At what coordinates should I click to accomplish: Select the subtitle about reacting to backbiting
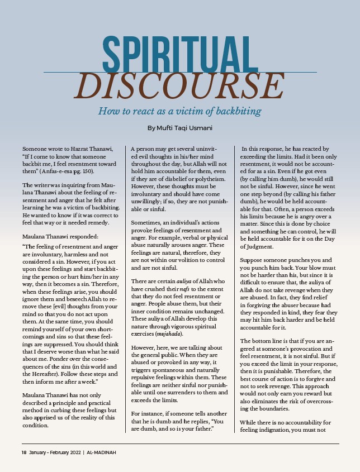coord(180,111)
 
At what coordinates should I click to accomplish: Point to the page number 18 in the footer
coord(25,451)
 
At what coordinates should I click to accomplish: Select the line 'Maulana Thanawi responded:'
coord(60,236)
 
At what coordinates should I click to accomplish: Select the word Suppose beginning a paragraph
coord(254,260)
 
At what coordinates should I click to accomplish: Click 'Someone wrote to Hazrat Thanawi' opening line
coord(68,148)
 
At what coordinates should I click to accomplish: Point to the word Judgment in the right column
coord(259,246)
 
